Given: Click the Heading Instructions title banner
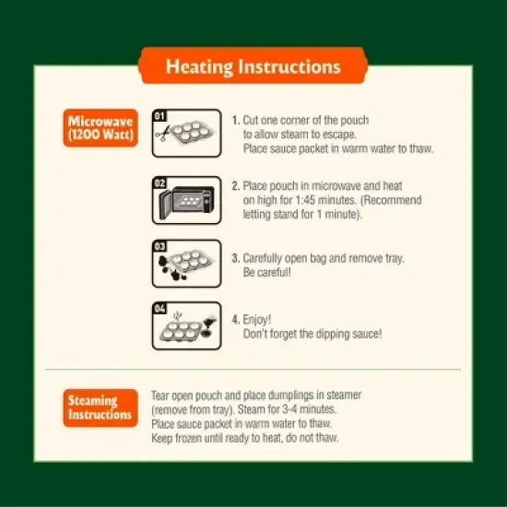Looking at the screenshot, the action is pyautogui.click(x=253, y=65).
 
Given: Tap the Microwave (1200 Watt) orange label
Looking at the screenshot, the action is pyautogui.click(x=100, y=128).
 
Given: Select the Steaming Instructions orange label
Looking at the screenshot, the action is pyautogui.click(x=100, y=407).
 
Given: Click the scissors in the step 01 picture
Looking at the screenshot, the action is pyautogui.click(x=162, y=134).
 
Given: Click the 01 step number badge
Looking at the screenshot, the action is pyautogui.click(x=159, y=116).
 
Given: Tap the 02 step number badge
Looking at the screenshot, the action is pyautogui.click(x=159, y=183).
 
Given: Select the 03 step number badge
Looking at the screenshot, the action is pyautogui.click(x=159, y=246).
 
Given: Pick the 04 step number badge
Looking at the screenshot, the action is pyautogui.click(x=159, y=309).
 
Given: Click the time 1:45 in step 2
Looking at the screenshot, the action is pyautogui.click(x=305, y=200).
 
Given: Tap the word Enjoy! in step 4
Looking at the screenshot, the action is pyautogui.click(x=257, y=320).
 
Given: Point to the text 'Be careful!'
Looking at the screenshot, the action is pyautogui.click(x=266, y=272).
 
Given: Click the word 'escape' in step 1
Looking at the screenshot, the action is pyautogui.click(x=340, y=135).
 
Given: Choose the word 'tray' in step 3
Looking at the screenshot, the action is pyautogui.click(x=395, y=259).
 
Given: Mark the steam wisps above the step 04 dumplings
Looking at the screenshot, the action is pyautogui.click(x=178, y=315).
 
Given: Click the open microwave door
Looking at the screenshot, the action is pyautogui.click(x=166, y=205).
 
